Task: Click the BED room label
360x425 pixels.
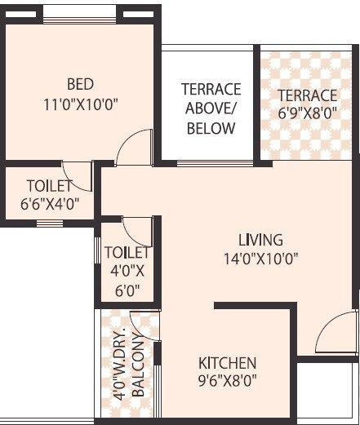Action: pyautogui.click(x=80, y=84)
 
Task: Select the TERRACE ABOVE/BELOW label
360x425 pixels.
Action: pyautogui.click(x=211, y=108)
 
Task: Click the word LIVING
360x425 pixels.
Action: pyautogui.click(x=260, y=240)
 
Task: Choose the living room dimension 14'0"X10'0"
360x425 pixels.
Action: pyautogui.click(x=260, y=259)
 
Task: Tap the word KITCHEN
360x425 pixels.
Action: pyautogui.click(x=228, y=362)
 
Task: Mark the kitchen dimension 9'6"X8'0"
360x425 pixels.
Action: pyautogui.click(x=228, y=379)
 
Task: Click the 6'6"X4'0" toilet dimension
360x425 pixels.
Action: pyautogui.click(x=50, y=205)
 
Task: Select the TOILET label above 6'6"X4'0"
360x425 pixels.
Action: pyautogui.click(x=49, y=186)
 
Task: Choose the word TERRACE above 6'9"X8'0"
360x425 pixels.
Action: pyautogui.click(x=306, y=95)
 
